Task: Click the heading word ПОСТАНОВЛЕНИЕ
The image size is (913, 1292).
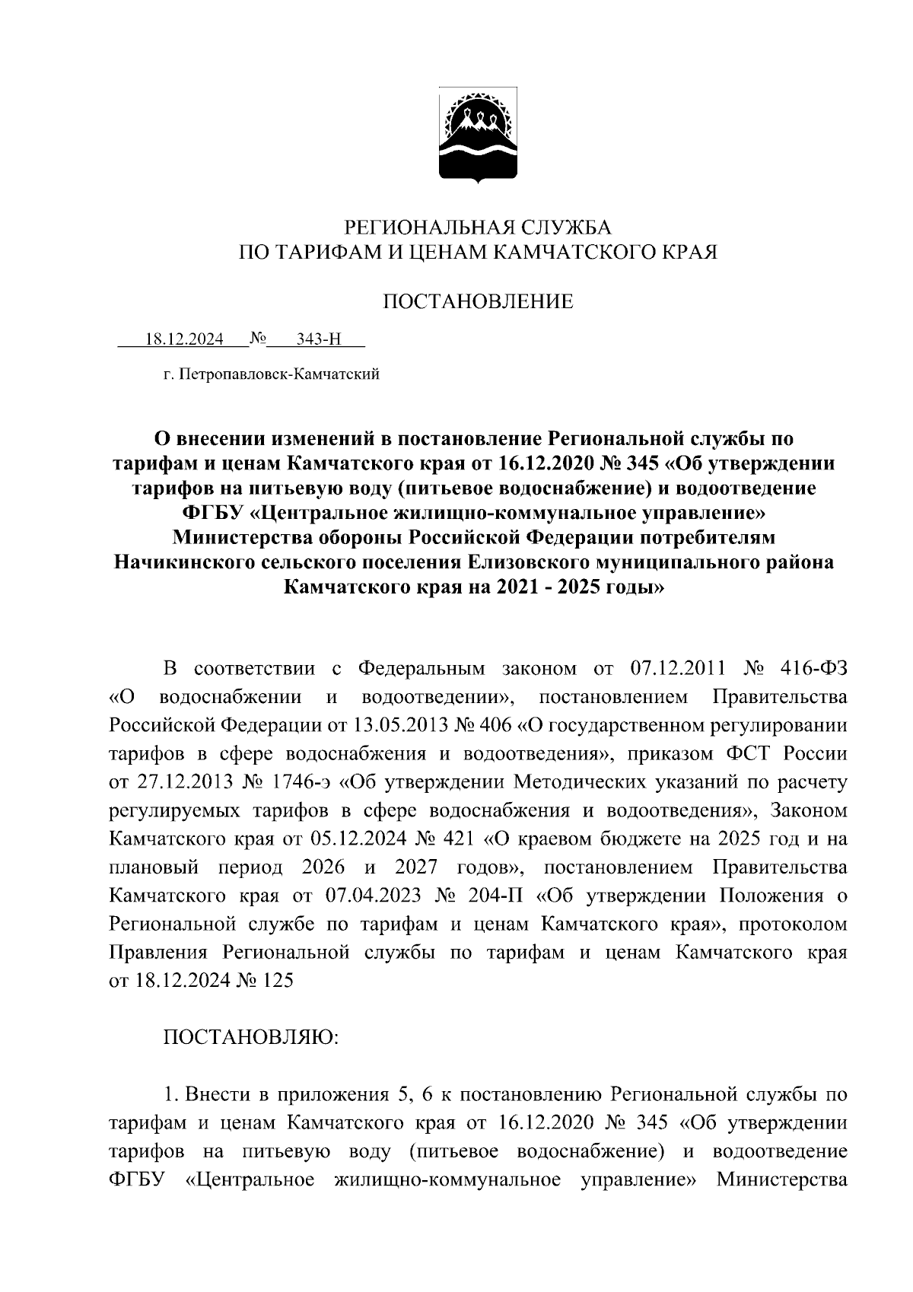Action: (477, 302)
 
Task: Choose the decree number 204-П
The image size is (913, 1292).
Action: (495, 896)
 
